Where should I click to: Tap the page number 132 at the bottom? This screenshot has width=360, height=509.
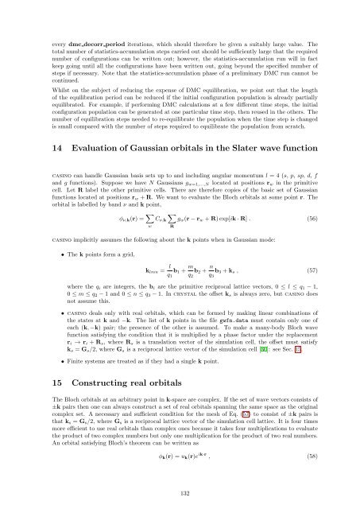[180, 492]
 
